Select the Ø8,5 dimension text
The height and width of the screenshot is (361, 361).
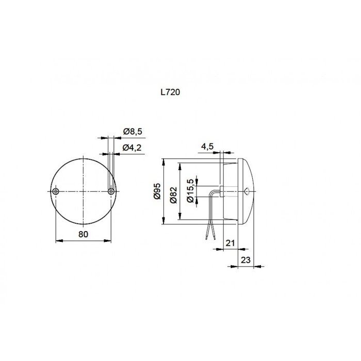(x=133, y=132)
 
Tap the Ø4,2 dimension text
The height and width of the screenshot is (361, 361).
(x=133, y=148)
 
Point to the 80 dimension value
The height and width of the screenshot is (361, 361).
(x=84, y=234)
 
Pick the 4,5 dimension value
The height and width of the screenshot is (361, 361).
(x=208, y=146)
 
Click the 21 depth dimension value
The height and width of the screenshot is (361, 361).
(x=230, y=242)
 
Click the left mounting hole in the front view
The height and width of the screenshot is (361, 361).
(x=56, y=191)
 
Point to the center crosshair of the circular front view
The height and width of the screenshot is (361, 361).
(x=84, y=191)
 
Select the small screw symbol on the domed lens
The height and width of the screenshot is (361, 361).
(x=246, y=191)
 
